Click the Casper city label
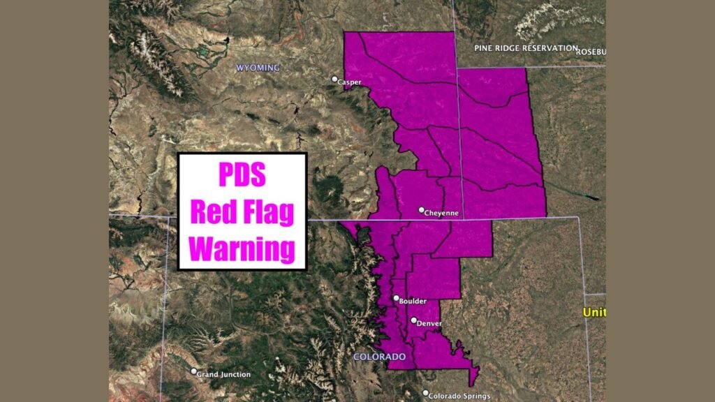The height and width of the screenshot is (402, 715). pyautogui.click(x=350, y=82)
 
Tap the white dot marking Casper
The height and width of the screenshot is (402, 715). pyautogui.click(x=335, y=79)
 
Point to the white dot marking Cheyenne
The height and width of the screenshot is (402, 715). pyautogui.click(x=421, y=209)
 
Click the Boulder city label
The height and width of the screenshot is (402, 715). pyautogui.click(x=413, y=301)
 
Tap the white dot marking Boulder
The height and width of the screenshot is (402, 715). pyautogui.click(x=396, y=298)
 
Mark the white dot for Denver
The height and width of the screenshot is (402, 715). pyautogui.click(x=414, y=321)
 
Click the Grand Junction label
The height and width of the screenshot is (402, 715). pyautogui.click(x=223, y=375)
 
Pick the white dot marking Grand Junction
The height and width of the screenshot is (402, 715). pyautogui.click(x=193, y=372)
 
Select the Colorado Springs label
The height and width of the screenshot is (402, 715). pyautogui.click(x=461, y=396)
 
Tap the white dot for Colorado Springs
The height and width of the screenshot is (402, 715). pyautogui.click(x=426, y=392)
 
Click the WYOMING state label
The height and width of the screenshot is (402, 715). pyautogui.click(x=258, y=68)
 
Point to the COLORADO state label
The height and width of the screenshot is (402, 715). pyautogui.click(x=379, y=357)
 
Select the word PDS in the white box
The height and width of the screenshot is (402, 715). pyautogui.click(x=242, y=174)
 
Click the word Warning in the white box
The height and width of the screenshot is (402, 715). pyautogui.click(x=242, y=249)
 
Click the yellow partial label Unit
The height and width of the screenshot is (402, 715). pyautogui.click(x=594, y=313)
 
